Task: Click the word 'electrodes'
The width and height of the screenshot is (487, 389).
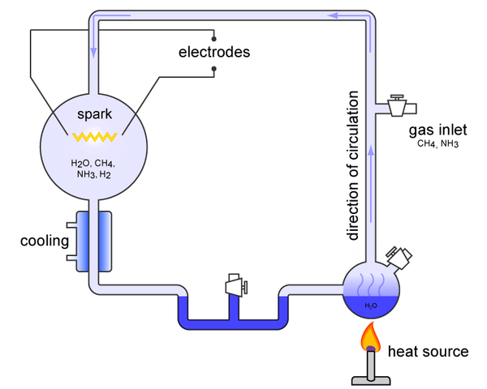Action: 214,52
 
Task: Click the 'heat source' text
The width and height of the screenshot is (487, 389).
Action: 428,351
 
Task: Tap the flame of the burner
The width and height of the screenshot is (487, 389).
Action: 370,335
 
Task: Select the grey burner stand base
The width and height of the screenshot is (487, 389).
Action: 370,378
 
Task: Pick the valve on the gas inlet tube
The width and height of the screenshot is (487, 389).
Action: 398,106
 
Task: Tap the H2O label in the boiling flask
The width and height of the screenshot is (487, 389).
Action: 370,306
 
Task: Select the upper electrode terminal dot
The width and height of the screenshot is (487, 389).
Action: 213,36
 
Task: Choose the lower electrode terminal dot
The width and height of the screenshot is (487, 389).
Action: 213,70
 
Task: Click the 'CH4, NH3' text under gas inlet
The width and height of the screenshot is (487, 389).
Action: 438,144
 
